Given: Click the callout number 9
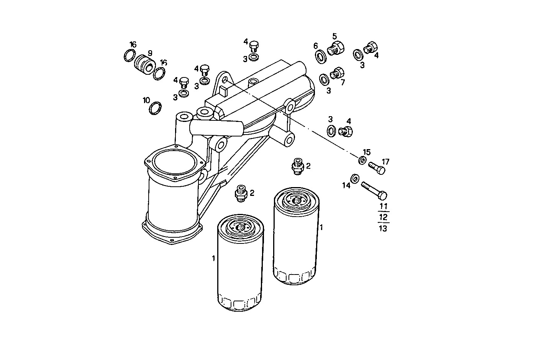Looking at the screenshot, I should coord(150,53).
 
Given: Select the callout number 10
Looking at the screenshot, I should coord(146,100).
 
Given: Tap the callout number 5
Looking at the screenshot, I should coord(334,36).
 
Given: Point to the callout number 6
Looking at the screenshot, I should coord(316,46).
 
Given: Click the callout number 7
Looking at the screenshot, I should coord(343,82).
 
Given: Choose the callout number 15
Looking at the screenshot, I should coord(367,152).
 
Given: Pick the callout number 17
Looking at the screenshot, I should coord(385,162).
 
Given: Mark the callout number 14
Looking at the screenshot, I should coord(346,186).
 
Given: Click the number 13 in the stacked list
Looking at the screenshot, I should coord(383,228).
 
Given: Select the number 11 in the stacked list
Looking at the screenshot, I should coord(383,206).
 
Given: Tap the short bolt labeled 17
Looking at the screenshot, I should coord(376,168).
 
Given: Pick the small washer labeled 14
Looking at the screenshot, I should coord(355,178).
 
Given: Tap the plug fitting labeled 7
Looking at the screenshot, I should coord(337,72).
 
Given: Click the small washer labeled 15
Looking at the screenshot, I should coord(362,160).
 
